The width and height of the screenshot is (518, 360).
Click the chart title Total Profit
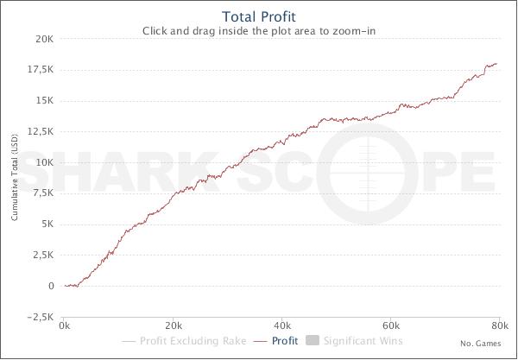coord(259,16)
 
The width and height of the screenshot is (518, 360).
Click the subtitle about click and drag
coord(259,32)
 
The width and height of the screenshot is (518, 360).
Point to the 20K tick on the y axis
coord(43,39)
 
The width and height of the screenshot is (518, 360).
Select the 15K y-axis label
coord(43,100)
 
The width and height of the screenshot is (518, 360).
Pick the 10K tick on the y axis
coord(43,162)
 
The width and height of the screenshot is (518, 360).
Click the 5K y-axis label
coord(46,224)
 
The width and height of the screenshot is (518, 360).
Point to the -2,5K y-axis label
coord(39,317)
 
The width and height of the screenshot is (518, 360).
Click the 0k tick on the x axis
coord(65,327)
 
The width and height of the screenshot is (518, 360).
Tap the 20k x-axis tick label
coord(174,327)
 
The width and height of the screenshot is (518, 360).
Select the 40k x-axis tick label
coord(282,327)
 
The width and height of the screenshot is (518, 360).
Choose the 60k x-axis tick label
coord(391,327)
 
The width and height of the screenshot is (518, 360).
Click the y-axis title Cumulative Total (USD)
coord(15,178)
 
